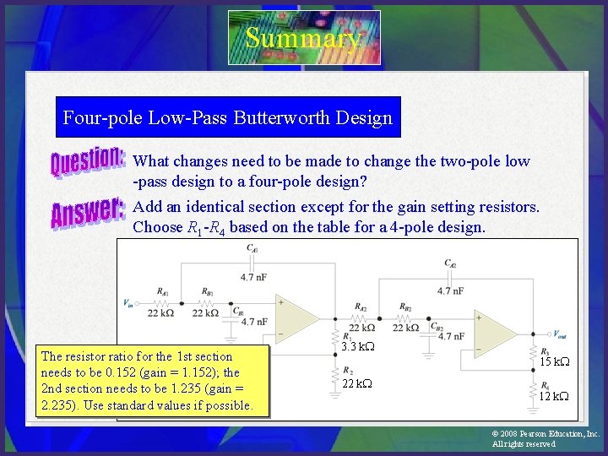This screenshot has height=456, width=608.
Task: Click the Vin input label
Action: click(128, 301)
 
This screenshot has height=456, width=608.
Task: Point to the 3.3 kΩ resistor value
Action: click(359, 347)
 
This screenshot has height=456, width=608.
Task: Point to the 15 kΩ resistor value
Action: click(554, 361)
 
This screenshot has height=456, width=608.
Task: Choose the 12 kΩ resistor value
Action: click(554, 396)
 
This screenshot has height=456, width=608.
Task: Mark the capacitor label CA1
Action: click(252, 247)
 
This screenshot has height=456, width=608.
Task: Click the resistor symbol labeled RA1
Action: click(162, 301)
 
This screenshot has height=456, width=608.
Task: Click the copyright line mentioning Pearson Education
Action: click(546, 433)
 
